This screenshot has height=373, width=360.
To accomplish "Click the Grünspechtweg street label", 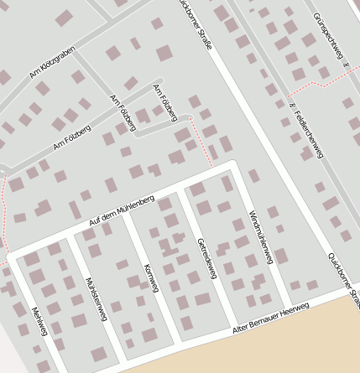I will point(330,37).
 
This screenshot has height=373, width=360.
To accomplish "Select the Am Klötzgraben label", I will point(53,62).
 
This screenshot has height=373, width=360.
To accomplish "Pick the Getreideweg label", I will point(205,257).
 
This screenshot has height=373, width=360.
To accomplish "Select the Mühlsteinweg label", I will point(97,298).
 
